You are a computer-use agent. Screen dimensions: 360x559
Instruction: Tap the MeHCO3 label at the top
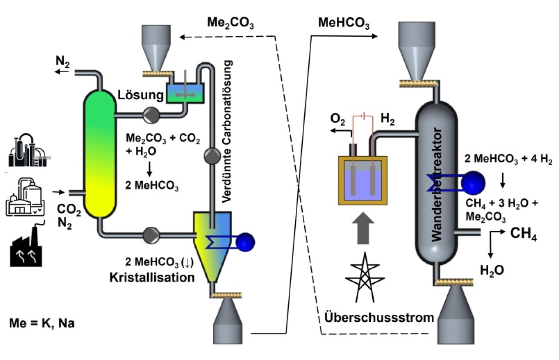coord(341,23)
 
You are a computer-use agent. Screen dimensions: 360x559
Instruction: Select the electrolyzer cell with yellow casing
coord(362,180)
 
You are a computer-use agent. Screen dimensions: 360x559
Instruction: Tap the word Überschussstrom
coord(379,318)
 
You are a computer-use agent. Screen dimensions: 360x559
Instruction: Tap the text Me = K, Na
coord(42,323)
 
